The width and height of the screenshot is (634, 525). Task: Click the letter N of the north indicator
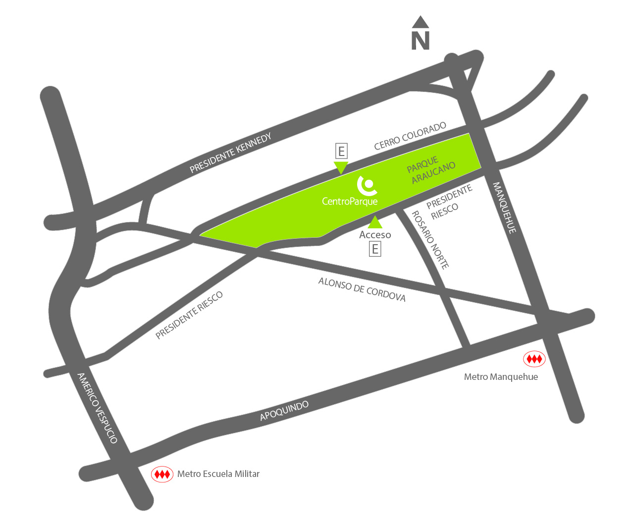(x=421, y=41)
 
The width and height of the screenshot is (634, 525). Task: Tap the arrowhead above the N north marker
(x=421, y=22)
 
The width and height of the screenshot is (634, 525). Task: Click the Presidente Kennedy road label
(x=230, y=153)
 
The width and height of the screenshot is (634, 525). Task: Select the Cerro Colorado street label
(x=410, y=136)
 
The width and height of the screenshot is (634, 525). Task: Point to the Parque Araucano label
(x=430, y=169)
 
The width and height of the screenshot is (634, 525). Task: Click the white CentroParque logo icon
(x=368, y=185)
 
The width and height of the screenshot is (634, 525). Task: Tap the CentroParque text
(x=350, y=201)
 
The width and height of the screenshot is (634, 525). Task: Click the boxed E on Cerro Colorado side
(x=341, y=151)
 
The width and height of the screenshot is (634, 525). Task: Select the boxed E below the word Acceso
(x=375, y=249)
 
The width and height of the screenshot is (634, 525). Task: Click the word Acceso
(x=375, y=235)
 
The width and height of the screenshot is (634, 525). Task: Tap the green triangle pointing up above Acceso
(x=375, y=222)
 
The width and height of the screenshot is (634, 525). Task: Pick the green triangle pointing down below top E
(x=341, y=167)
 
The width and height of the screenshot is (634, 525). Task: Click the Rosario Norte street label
(x=430, y=240)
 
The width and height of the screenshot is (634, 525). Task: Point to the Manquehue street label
(x=505, y=208)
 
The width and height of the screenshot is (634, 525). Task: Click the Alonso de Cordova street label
(x=362, y=289)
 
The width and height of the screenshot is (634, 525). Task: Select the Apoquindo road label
(x=284, y=411)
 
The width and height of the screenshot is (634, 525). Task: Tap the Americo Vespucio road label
(x=98, y=408)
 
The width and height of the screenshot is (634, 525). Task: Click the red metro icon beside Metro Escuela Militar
(x=162, y=474)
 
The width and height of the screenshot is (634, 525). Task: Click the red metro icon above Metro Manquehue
(x=534, y=359)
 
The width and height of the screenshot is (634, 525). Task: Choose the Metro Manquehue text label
(x=501, y=377)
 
